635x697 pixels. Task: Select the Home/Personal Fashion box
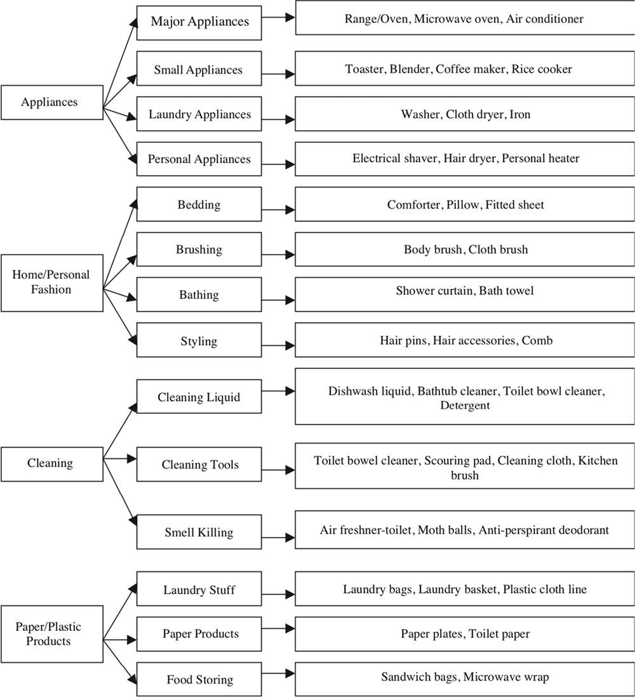coord(51,282)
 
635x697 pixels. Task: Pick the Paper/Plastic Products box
coord(51,634)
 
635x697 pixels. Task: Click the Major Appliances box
coord(199,22)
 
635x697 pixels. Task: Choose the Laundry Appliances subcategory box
coord(199,115)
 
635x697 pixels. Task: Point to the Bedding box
coord(199,205)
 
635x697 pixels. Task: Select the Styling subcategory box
coord(199,342)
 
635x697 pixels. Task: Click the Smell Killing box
coord(199,532)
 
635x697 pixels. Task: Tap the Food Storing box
coord(199,680)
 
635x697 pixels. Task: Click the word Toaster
coord(364,69)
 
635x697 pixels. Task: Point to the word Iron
coord(519,115)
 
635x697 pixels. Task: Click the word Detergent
coord(465,405)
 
